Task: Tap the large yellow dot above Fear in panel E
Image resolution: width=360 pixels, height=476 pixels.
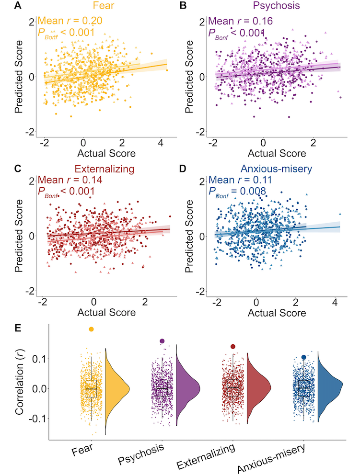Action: pyautogui.click(x=91, y=329)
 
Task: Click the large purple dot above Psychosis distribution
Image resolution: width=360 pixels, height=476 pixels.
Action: pyautogui.click(x=162, y=341)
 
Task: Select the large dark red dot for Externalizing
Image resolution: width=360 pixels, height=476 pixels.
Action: pyautogui.click(x=233, y=346)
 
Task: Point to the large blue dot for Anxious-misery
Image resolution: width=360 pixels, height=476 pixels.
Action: pyautogui.click(x=304, y=357)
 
